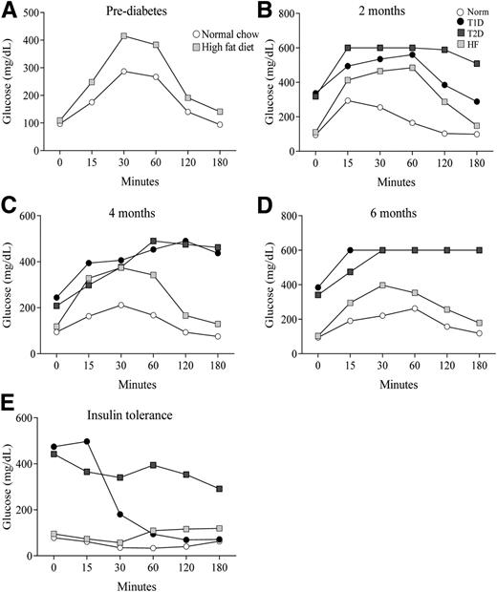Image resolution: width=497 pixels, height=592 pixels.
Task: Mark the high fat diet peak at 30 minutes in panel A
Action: pyautogui.click(x=124, y=35)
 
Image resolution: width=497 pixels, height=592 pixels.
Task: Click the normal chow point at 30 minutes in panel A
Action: pyautogui.click(x=124, y=71)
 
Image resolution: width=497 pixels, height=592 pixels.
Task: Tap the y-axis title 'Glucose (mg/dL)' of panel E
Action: pyautogui.click(x=11, y=492)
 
